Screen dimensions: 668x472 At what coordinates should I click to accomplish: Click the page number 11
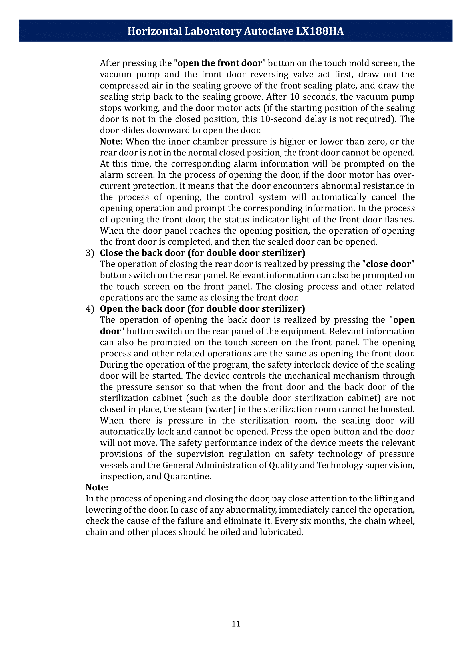pyautogui.click(x=236, y=623)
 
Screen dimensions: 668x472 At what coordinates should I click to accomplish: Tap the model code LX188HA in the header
pyautogui.click(x=320, y=31)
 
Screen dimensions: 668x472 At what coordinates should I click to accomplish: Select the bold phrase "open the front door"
pyautogui.click(x=219, y=63)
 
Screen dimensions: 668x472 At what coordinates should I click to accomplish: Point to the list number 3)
pyautogui.click(x=90, y=253)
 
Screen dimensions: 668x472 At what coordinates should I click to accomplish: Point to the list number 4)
pyautogui.click(x=90, y=309)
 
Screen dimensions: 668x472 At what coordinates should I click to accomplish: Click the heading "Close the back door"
pyautogui.click(x=142, y=253)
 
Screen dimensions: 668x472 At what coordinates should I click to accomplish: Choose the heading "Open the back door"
pyautogui.click(x=142, y=309)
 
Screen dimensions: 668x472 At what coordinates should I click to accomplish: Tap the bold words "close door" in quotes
pyautogui.click(x=388, y=264)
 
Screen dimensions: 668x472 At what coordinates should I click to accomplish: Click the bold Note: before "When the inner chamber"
pyautogui.click(x=111, y=141)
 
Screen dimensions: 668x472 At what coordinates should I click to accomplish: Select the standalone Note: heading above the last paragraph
pyautogui.click(x=97, y=487)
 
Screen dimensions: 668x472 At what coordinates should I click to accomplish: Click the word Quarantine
pyautogui.click(x=187, y=476)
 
